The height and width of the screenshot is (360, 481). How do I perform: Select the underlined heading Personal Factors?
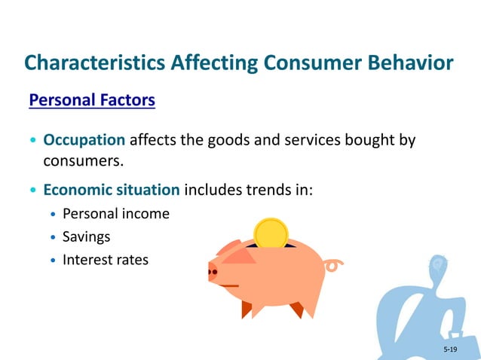pos(92,100)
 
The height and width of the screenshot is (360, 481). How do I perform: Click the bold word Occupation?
pos(84,140)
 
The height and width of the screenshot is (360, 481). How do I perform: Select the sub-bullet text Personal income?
pos(116,213)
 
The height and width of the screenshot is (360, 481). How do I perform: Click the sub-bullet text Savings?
pos(86,236)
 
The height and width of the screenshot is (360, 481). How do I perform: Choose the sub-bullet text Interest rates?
pos(106,260)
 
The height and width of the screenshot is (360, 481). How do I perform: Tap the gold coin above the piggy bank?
pos(271,233)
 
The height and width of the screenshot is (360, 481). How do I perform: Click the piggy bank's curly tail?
pos(332,264)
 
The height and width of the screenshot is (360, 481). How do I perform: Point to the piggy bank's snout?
pos(213,270)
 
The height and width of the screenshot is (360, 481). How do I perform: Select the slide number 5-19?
pos(450,349)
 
